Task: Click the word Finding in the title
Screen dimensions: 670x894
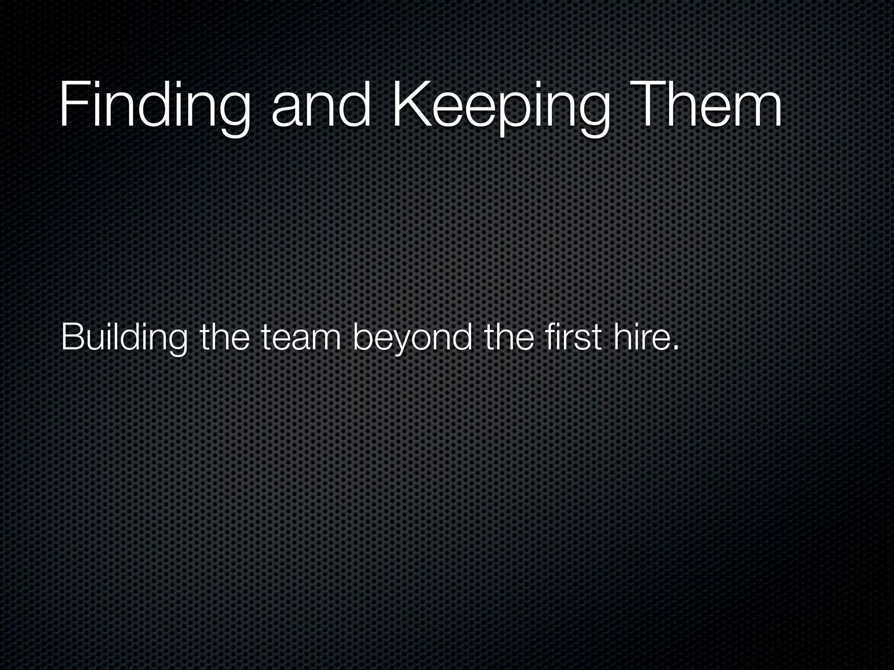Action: click(155, 107)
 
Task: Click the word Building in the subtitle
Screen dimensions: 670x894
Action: click(124, 338)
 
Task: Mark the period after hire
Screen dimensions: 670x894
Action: click(676, 348)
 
